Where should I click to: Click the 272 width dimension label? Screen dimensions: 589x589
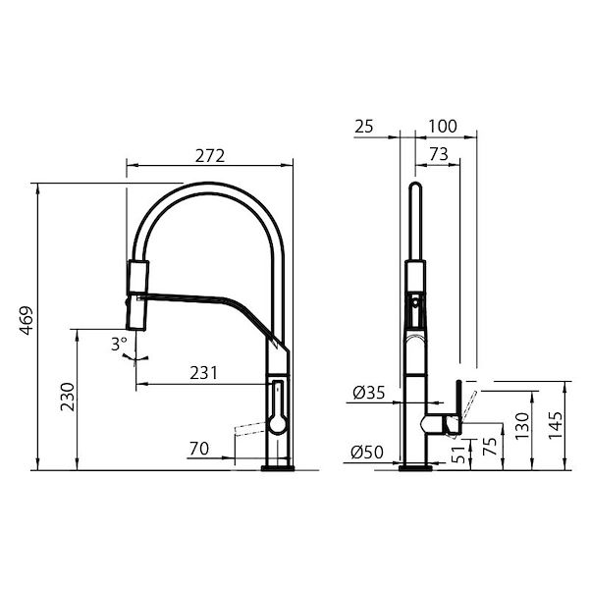click(x=210, y=156)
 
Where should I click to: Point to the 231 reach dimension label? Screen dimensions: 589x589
click(x=202, y=374)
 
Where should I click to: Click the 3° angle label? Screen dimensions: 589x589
click(x=119, y=344)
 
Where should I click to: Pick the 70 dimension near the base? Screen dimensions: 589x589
click(x=199, y=449)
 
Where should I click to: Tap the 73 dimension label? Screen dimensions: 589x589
click(x=439, y=154)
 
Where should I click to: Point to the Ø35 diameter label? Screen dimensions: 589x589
click(x=367, y=395)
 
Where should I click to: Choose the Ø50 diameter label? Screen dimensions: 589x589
click(x=367, y=453)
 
